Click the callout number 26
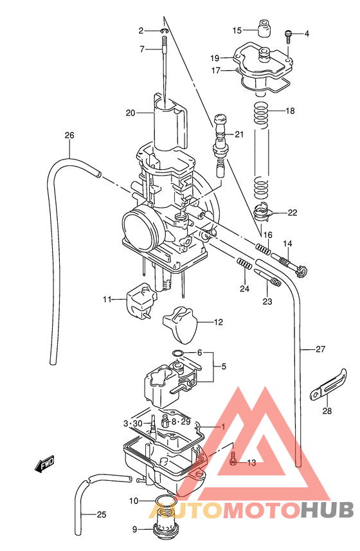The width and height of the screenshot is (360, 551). point(69,135)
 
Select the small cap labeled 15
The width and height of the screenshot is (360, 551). point(262,29)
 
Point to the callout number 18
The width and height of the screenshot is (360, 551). point(290,111)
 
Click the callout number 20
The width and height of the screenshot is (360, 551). point(130,113)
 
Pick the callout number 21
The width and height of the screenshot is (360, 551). point(239,134)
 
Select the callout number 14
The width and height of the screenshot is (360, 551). point(287,244)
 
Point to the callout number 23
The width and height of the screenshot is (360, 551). point(267,300)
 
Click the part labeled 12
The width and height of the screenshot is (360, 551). point(180,323)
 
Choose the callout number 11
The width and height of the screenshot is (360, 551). point(107,299)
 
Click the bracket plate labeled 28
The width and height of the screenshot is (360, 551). point(326,390)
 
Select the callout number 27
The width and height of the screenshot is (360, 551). point(321,350)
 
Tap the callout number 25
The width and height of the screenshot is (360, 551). point(102,514)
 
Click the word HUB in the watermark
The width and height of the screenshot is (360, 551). point(327,510)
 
